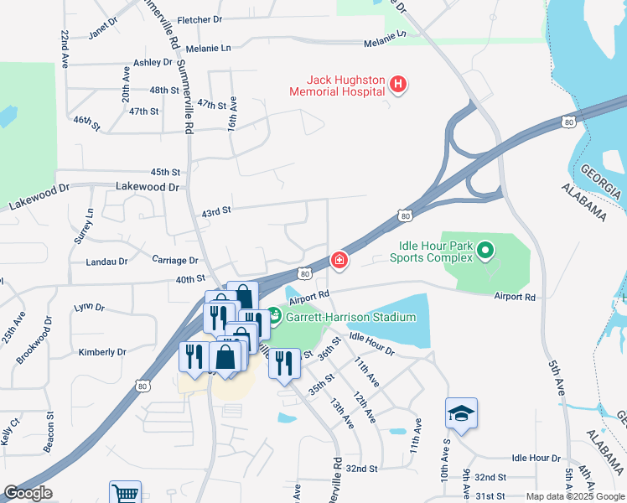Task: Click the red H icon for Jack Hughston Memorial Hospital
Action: pos(398,84)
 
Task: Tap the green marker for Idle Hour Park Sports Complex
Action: pos(484,250)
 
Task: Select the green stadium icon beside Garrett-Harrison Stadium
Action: pos(276,318)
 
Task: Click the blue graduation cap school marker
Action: pos(461,413)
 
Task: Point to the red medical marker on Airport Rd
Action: pos(339,262)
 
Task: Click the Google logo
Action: pos(27,493)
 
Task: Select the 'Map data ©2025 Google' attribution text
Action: pos(575,496)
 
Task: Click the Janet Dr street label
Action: pos(103,28)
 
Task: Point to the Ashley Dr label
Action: pos(153,62)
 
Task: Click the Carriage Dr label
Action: pos(175,261)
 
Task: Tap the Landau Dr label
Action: pos(106,262)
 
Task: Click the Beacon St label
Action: pos(49,432)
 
